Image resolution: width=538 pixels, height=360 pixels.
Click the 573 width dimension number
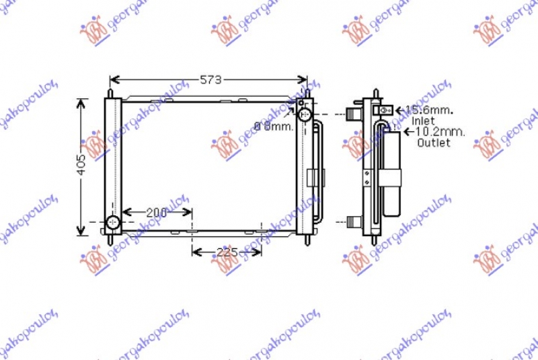210,80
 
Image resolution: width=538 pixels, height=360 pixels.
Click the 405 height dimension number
81,166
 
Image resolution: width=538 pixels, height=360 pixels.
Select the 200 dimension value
156,213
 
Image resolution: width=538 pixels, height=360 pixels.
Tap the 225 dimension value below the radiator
227,252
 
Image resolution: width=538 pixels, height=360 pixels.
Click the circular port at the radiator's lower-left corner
113,223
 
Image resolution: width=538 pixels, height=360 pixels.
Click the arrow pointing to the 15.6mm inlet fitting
399,110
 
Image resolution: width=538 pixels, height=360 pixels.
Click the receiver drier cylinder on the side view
391,175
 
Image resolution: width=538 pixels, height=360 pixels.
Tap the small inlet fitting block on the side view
385,110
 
